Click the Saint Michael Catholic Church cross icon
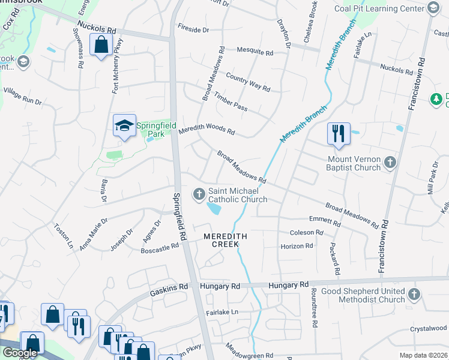(199, 194)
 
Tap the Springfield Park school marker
(124, 125)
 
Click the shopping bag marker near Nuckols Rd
(101, 44)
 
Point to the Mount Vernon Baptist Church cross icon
(390, 162)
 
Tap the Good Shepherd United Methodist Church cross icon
(414, 293)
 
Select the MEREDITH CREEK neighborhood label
(225, 237)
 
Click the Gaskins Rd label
(168, 287)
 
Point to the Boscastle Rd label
(160, 246)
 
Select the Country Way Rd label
(247, 82)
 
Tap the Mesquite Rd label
(255, 52)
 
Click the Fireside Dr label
(193, 28)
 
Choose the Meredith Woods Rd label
(206, 129)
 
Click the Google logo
(20, 353)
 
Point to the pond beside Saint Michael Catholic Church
(213, 209)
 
